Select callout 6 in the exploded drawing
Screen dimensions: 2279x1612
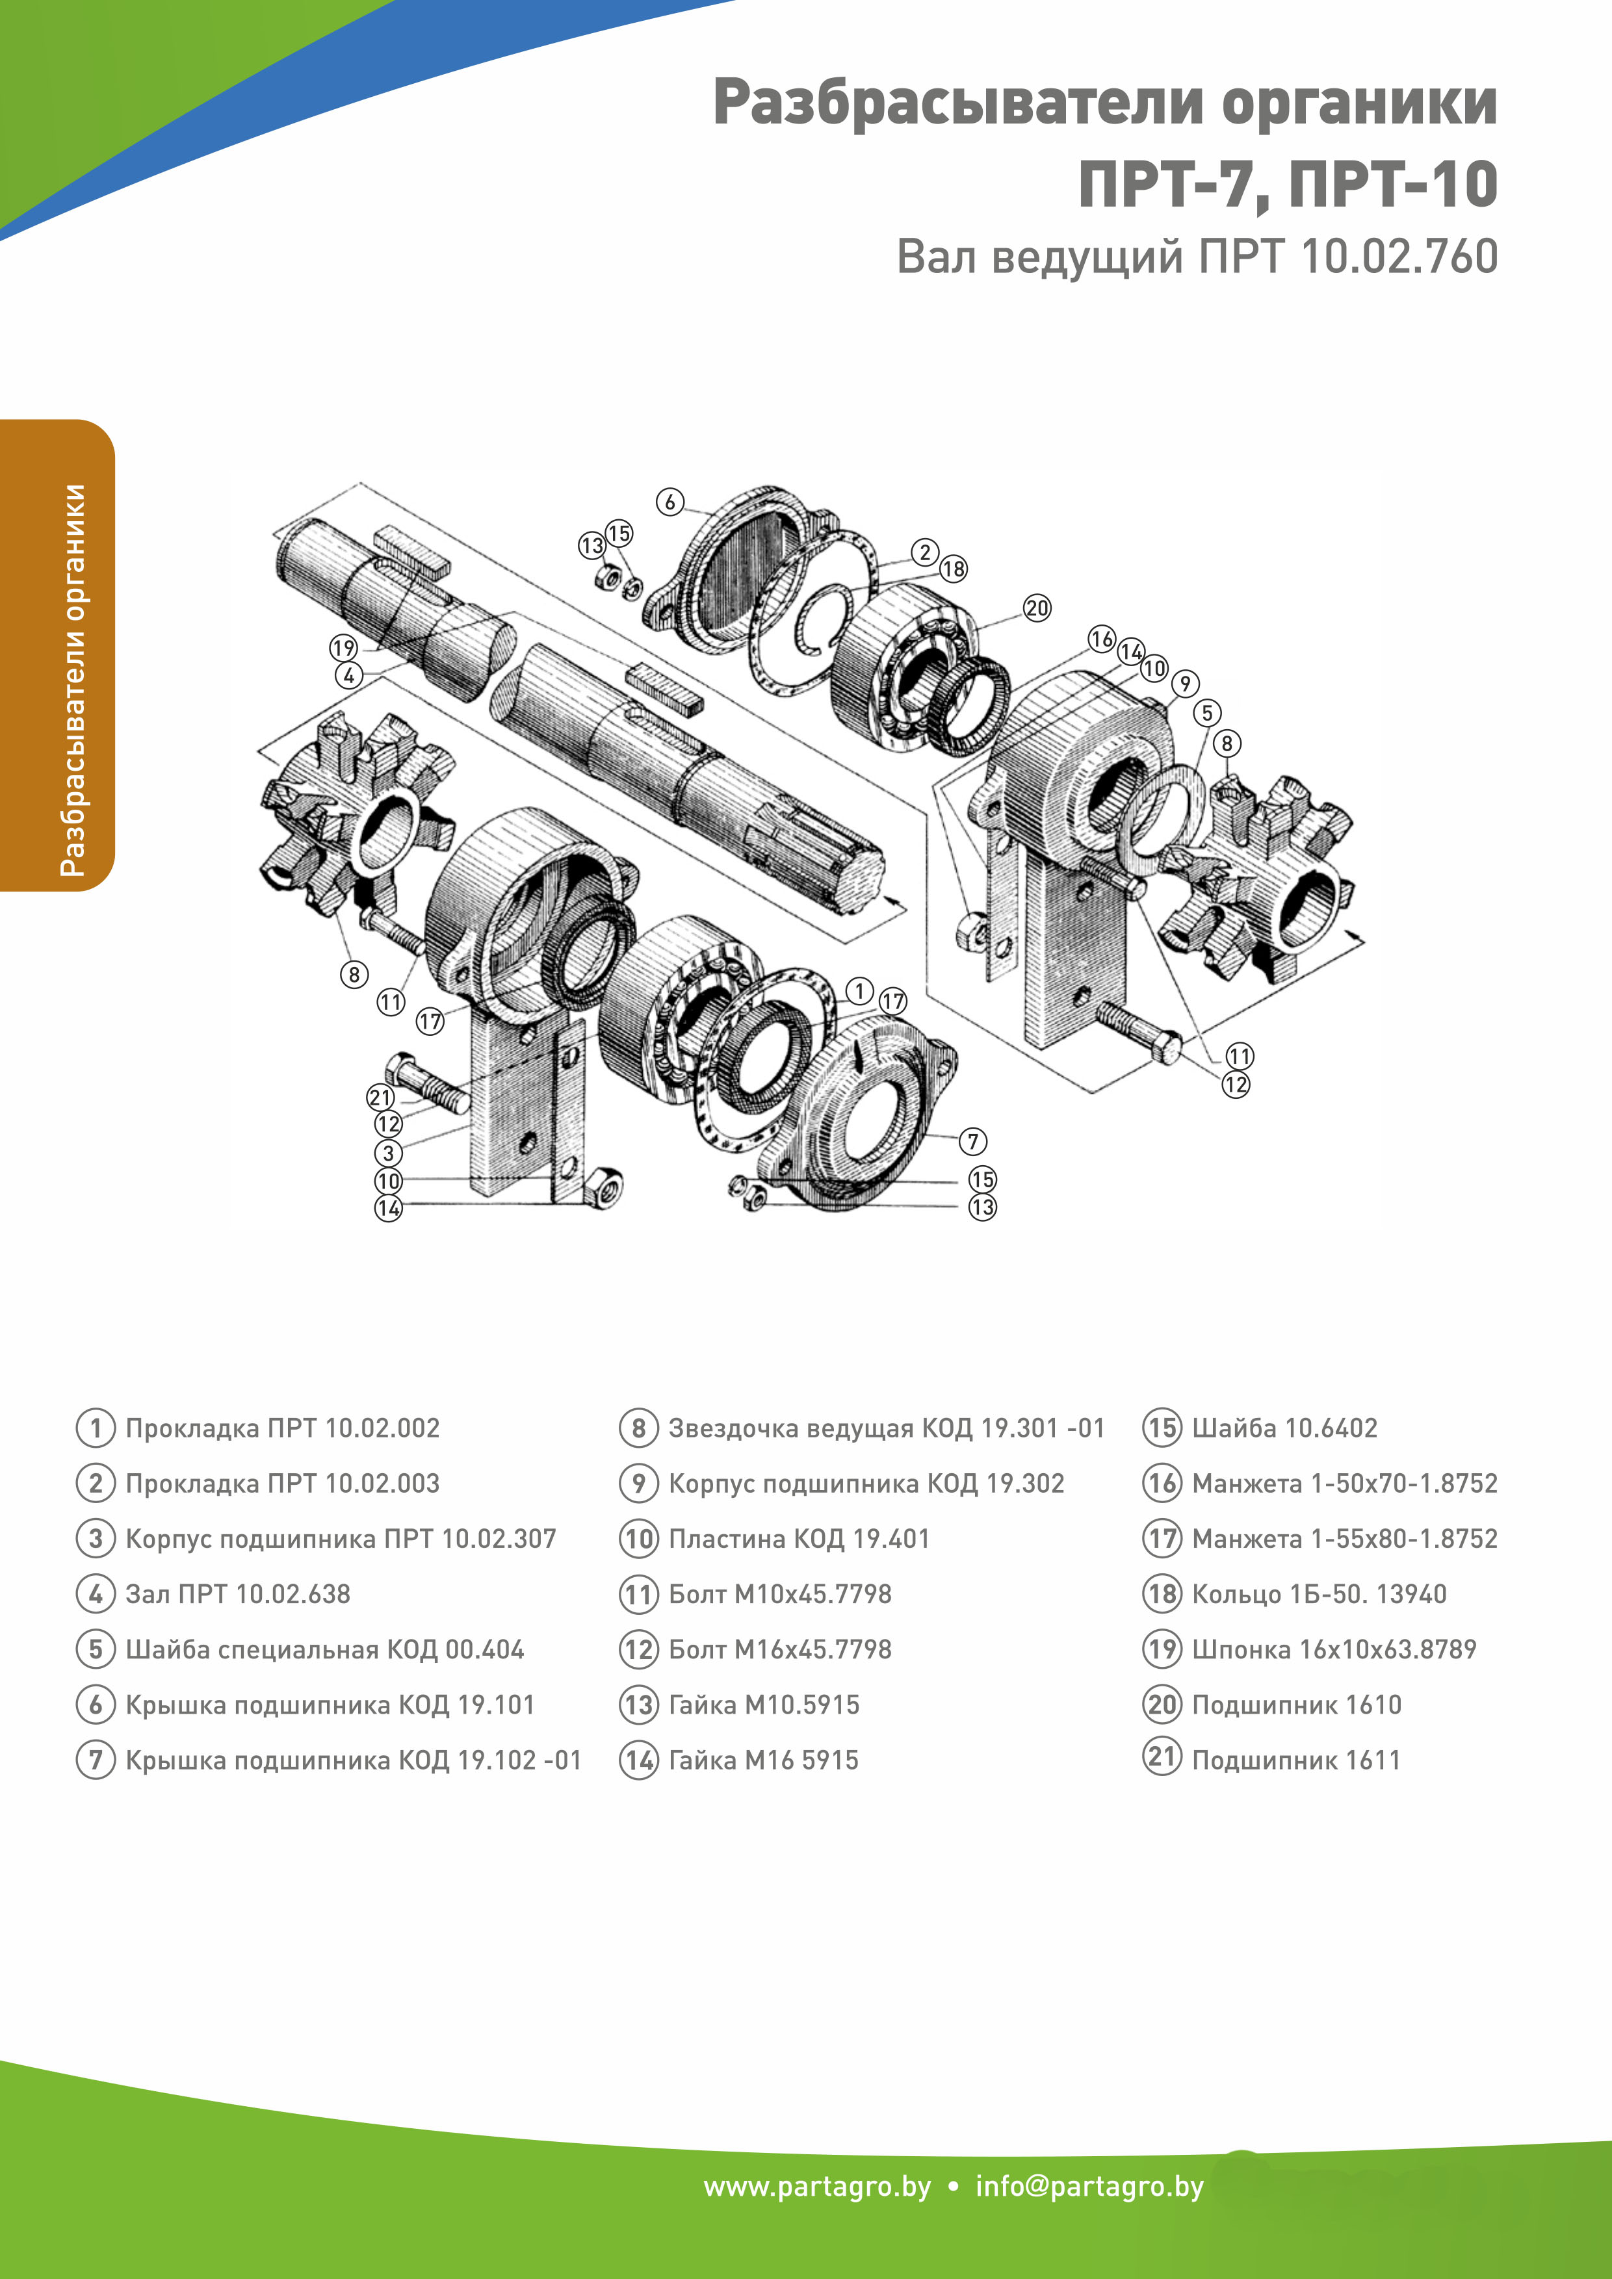670,501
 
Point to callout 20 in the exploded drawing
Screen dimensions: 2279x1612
1036,608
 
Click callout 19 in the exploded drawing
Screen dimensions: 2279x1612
343,648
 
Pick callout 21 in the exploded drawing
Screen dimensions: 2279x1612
381,1097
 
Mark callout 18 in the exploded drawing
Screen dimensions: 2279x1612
953,569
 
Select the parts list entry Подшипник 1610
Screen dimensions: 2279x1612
1295,1705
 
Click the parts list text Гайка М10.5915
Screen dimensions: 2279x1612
763,1705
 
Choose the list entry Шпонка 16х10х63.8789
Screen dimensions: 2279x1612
1333,1650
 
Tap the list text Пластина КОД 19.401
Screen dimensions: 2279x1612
798,1539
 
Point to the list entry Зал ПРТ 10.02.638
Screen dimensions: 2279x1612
237,1594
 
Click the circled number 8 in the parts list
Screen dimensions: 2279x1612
638,1428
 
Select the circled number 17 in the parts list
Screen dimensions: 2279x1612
1162,1539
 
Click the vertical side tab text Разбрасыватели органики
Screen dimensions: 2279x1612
72,680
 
